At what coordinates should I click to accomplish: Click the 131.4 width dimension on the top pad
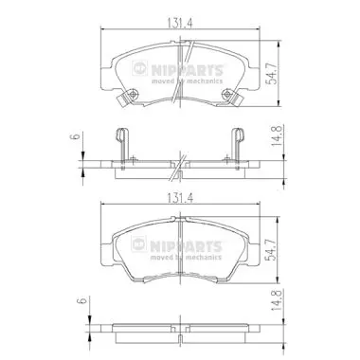[180, 23]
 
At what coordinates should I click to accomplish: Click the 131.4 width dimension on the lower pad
[180, 198]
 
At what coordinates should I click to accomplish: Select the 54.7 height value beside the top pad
[271, 74]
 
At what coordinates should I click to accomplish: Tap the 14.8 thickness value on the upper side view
[276, 135]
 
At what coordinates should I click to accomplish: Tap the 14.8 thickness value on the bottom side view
[276, 299]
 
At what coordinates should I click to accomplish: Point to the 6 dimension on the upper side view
[76, 136]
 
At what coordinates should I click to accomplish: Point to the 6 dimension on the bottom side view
[82, 300]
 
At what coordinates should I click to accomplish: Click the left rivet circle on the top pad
[133, 94]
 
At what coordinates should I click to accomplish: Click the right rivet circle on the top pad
[226, 94]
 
